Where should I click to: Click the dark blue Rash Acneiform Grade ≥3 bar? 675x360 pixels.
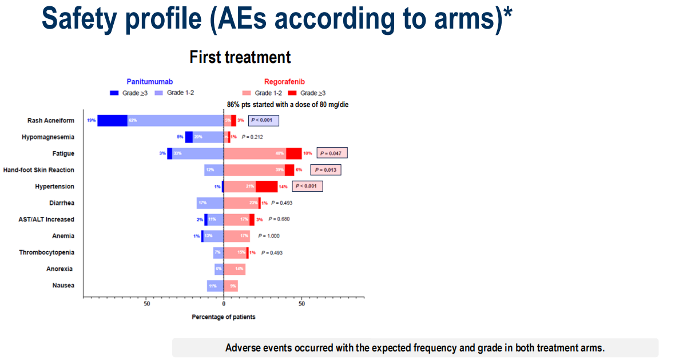click(x=112, y=121)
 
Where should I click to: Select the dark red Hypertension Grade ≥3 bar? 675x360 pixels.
click(x=267, y=187)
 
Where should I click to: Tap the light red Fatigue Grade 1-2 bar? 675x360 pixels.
click(x=255, y=153)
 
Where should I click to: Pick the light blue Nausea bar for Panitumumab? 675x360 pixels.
click(x=215, y=286)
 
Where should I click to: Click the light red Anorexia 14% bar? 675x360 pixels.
click(x=235, y=269)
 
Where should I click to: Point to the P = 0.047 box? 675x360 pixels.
click(x=332, y=153)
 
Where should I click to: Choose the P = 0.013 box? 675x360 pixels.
click(x=325, y=170)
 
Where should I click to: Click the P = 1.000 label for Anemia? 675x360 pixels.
click(x=269, y=236)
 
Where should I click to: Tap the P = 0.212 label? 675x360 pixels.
click(x=254, y=137)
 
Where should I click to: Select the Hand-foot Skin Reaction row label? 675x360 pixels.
click(x=38, y=170)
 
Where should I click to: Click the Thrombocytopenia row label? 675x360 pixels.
click(x=46, y=252)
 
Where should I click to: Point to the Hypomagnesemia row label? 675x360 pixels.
click(x=48, y=137)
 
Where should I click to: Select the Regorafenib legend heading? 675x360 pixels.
click(x=284, y=82)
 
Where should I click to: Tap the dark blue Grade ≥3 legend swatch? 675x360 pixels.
click(x=114, y=93)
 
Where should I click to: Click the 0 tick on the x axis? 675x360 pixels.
click(x=224, y=304)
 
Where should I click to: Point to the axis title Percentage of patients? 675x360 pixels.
click(x=224, y=317)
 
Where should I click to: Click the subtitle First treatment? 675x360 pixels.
click(x=240, y=57)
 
